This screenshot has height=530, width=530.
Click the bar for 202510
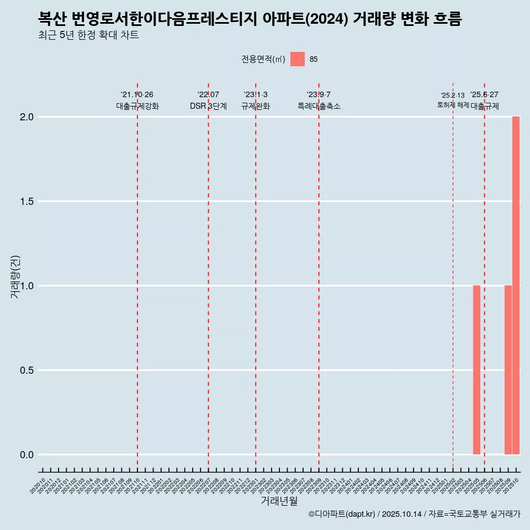click(516, 285)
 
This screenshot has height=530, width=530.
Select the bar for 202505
click(476, 370)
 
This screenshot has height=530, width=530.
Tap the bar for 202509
click(508, 370)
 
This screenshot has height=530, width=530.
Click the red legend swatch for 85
click(298, 59)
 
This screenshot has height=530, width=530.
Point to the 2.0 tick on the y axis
click(28, 117)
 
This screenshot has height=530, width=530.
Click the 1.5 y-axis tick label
click(28, 202)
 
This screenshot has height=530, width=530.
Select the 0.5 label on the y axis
click(28, 370)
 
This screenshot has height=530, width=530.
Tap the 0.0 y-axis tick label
click(28, 455)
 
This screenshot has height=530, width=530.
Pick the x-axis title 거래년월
click(279, 501)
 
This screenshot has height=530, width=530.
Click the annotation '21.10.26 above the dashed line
click(137, 94)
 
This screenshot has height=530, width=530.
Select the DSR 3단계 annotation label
click(208, 107)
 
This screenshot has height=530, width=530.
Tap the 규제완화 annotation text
click(256, 107)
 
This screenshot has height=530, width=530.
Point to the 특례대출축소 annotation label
click(319, 107)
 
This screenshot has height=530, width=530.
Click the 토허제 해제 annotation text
click(453, 105)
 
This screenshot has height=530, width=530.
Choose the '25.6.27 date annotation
click(484, 94)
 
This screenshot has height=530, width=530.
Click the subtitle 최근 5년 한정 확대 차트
click(88, 35)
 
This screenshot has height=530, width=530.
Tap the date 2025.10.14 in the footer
click(401, 514)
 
